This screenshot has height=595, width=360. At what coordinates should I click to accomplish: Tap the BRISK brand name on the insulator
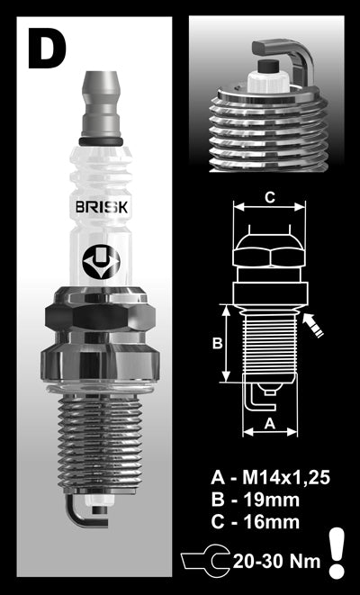click(100, 208)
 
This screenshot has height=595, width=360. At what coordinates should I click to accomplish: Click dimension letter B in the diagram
click(217, 343)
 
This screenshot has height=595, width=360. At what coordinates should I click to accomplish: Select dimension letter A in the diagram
click(268, 421)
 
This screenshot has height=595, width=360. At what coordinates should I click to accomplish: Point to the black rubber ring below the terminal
click(99, 142)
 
